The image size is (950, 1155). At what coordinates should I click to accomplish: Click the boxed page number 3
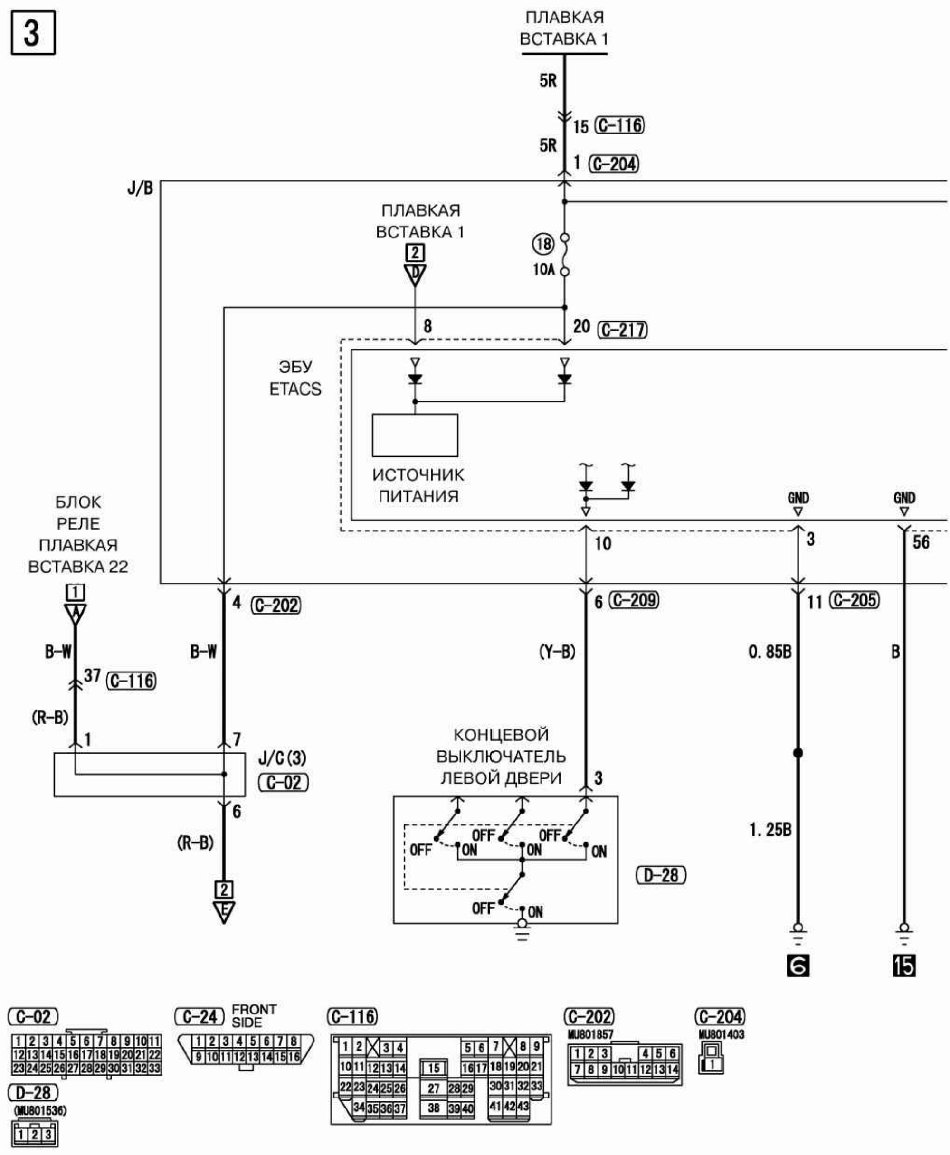click(x=33, y=33)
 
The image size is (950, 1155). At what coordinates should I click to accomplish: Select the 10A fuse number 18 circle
click(x=543, y=244)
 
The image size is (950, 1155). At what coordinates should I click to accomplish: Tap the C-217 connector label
click(x=623, y=330)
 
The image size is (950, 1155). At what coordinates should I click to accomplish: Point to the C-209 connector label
click(x=634, y=600)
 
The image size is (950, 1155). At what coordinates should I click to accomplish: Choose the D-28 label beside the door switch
click(x=661, y=875)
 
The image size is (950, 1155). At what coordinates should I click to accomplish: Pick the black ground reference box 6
click(x=798, y=965)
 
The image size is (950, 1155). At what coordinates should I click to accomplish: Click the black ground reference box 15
click(x=904, y=965)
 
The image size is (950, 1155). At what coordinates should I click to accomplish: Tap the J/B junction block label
click(x=140, y=188)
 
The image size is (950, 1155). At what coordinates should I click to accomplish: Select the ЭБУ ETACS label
click(x=295, y=378)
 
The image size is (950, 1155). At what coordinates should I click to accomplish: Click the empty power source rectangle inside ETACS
click(x=415, y=435)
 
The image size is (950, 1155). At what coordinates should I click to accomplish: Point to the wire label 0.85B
click(x=770, y=652)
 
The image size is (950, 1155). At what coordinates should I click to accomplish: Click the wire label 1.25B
click(x=770, y=830)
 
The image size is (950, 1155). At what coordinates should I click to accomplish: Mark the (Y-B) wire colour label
click(x=557, y=652)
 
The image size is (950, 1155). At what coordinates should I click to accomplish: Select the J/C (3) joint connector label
click(x=282, y=758)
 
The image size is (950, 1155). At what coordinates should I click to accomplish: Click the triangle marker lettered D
click(x=415, y=273)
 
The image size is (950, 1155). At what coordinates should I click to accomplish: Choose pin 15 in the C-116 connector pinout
click(x=433, y=1068)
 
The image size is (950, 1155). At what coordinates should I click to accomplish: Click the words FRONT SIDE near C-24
click(x=254, y=1015)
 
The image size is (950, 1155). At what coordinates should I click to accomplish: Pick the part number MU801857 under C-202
click(x=590, y=1034)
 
